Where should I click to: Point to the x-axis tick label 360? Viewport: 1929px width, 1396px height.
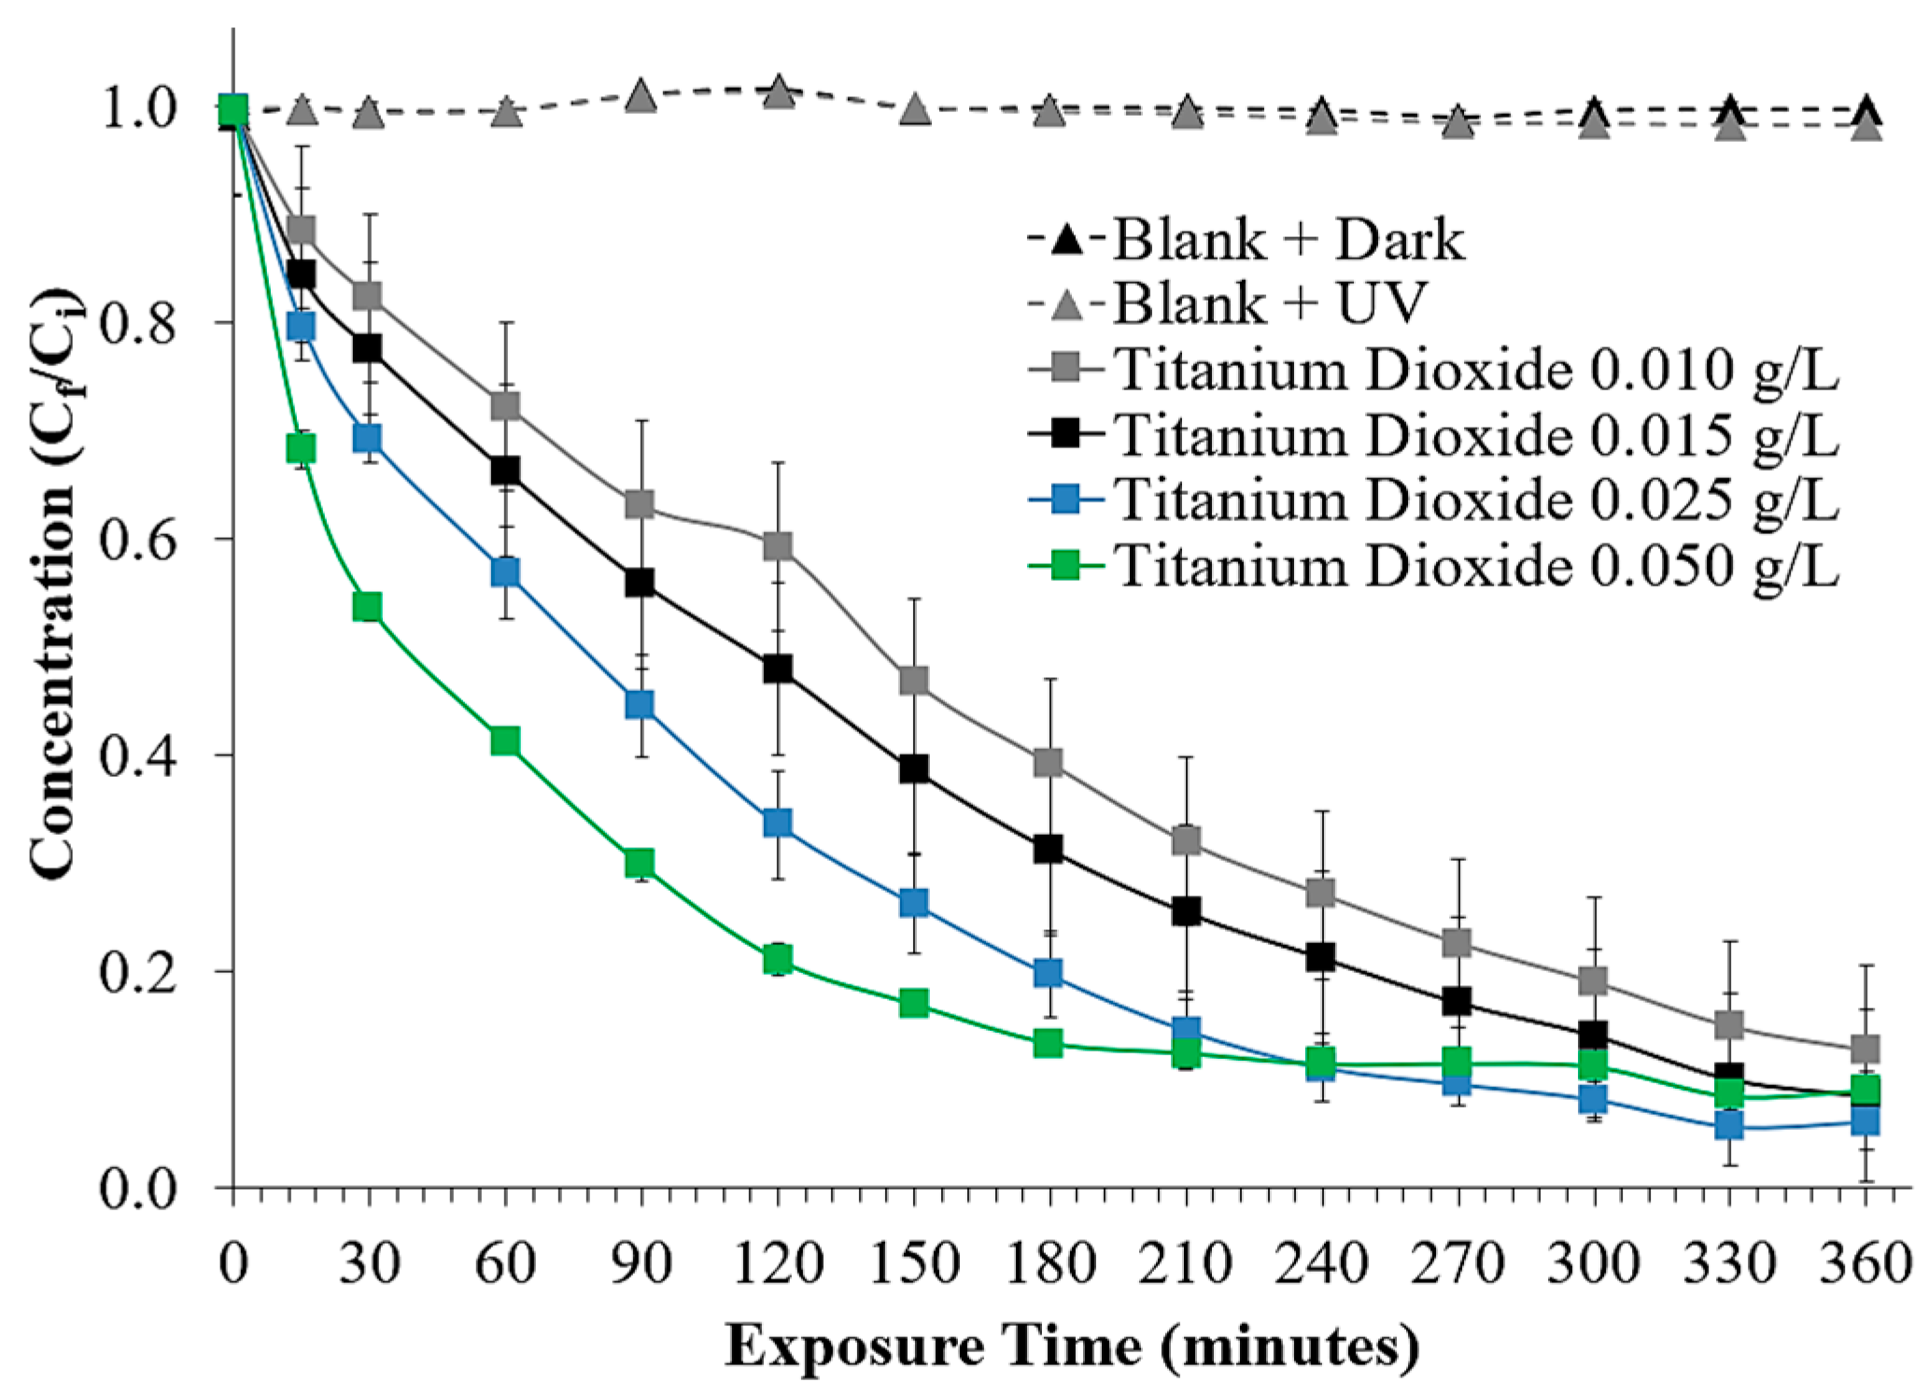[x=1866, y=1264]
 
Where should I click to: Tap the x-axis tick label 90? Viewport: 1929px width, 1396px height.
[x=641, y=1264]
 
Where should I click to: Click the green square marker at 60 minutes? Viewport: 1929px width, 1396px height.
[x=505, y=741]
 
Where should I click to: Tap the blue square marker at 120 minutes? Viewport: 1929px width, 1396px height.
[x=778, y=823]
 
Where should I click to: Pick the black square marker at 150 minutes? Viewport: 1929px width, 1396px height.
[x=914, y=769]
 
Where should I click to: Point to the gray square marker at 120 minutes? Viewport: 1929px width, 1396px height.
[x=778, y=545]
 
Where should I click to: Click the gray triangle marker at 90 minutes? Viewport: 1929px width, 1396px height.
[x=641, y=96]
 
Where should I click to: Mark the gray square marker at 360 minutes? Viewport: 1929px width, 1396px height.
[x=1866, y=1048]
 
